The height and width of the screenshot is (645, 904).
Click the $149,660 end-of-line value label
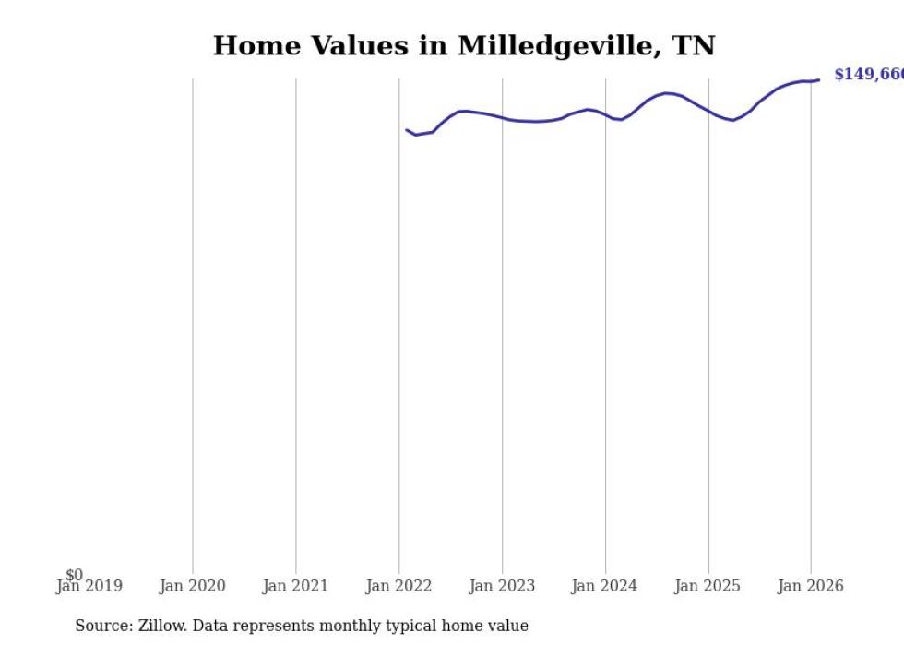click(x=868, y=75)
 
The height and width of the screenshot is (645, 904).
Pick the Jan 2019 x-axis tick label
click(x=89, y=587)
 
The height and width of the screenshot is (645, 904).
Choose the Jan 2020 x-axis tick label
click(x=192, y=587)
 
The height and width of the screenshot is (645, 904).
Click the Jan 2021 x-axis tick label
click(x=295, y=587)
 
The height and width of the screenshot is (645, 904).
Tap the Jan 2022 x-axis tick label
click(x=398, y=587)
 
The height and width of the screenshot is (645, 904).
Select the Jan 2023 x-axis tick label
click(x=502, y=587)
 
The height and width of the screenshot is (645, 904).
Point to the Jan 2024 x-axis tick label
click(x=605, y=587)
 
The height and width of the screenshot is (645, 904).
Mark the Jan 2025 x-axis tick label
click(x=708, y=587)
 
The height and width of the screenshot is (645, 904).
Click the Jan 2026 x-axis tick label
click(x=811, y=587)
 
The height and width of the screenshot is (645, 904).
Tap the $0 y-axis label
click(x=74, y=575)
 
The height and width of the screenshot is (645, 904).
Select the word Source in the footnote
click(x=102, y=626)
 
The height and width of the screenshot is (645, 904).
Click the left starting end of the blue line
click(x=407, y=130)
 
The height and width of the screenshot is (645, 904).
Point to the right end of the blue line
click(x=818, y=80)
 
